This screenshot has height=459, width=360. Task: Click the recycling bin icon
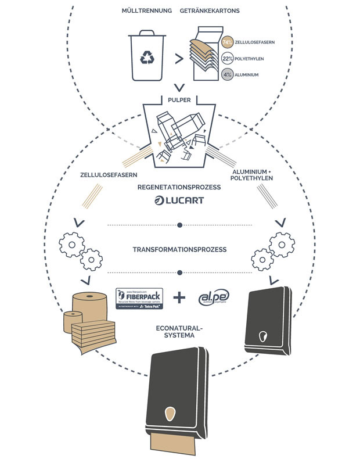pos(146,58)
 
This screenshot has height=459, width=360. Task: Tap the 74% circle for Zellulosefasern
pos(228,42)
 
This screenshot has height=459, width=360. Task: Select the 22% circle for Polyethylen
pos(228,58)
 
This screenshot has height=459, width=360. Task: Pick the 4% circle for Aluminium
pos(228,74)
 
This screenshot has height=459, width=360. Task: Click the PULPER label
pos(180,99)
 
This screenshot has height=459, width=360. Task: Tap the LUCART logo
pos(179,201)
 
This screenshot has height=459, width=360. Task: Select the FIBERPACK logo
pos(139,299)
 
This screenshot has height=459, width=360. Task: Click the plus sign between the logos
pos(179,298)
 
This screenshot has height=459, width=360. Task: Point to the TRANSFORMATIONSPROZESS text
pos(179,250)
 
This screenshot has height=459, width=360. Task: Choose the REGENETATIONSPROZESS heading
pos(179,187)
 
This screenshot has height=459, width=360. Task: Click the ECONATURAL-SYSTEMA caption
pos(179,332)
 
